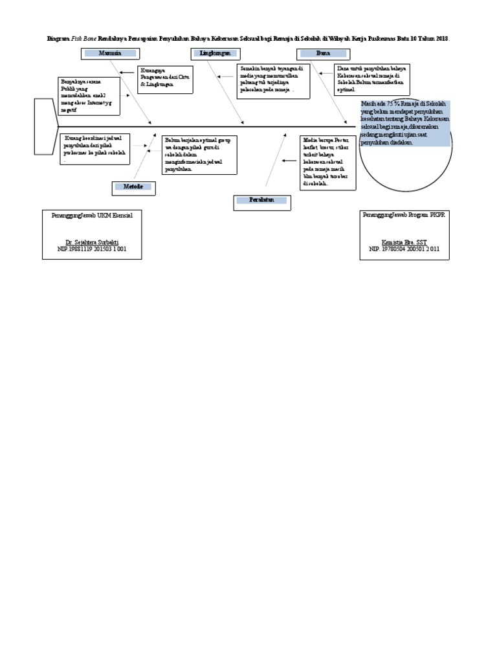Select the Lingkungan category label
[216, 53]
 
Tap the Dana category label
[324, 53]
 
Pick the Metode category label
[133, 187]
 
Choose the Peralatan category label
[262, 201]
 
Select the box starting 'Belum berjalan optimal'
[200, 154]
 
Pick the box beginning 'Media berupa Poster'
[327, 162]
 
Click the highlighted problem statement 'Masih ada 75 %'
[405, 123]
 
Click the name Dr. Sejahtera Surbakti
[91, 242]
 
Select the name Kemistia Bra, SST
[404, 242]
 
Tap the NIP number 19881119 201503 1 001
[91, 249]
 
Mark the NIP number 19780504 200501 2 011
[404, 249]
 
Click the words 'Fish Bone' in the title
[83, 39]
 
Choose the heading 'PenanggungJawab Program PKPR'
[404, 214]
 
